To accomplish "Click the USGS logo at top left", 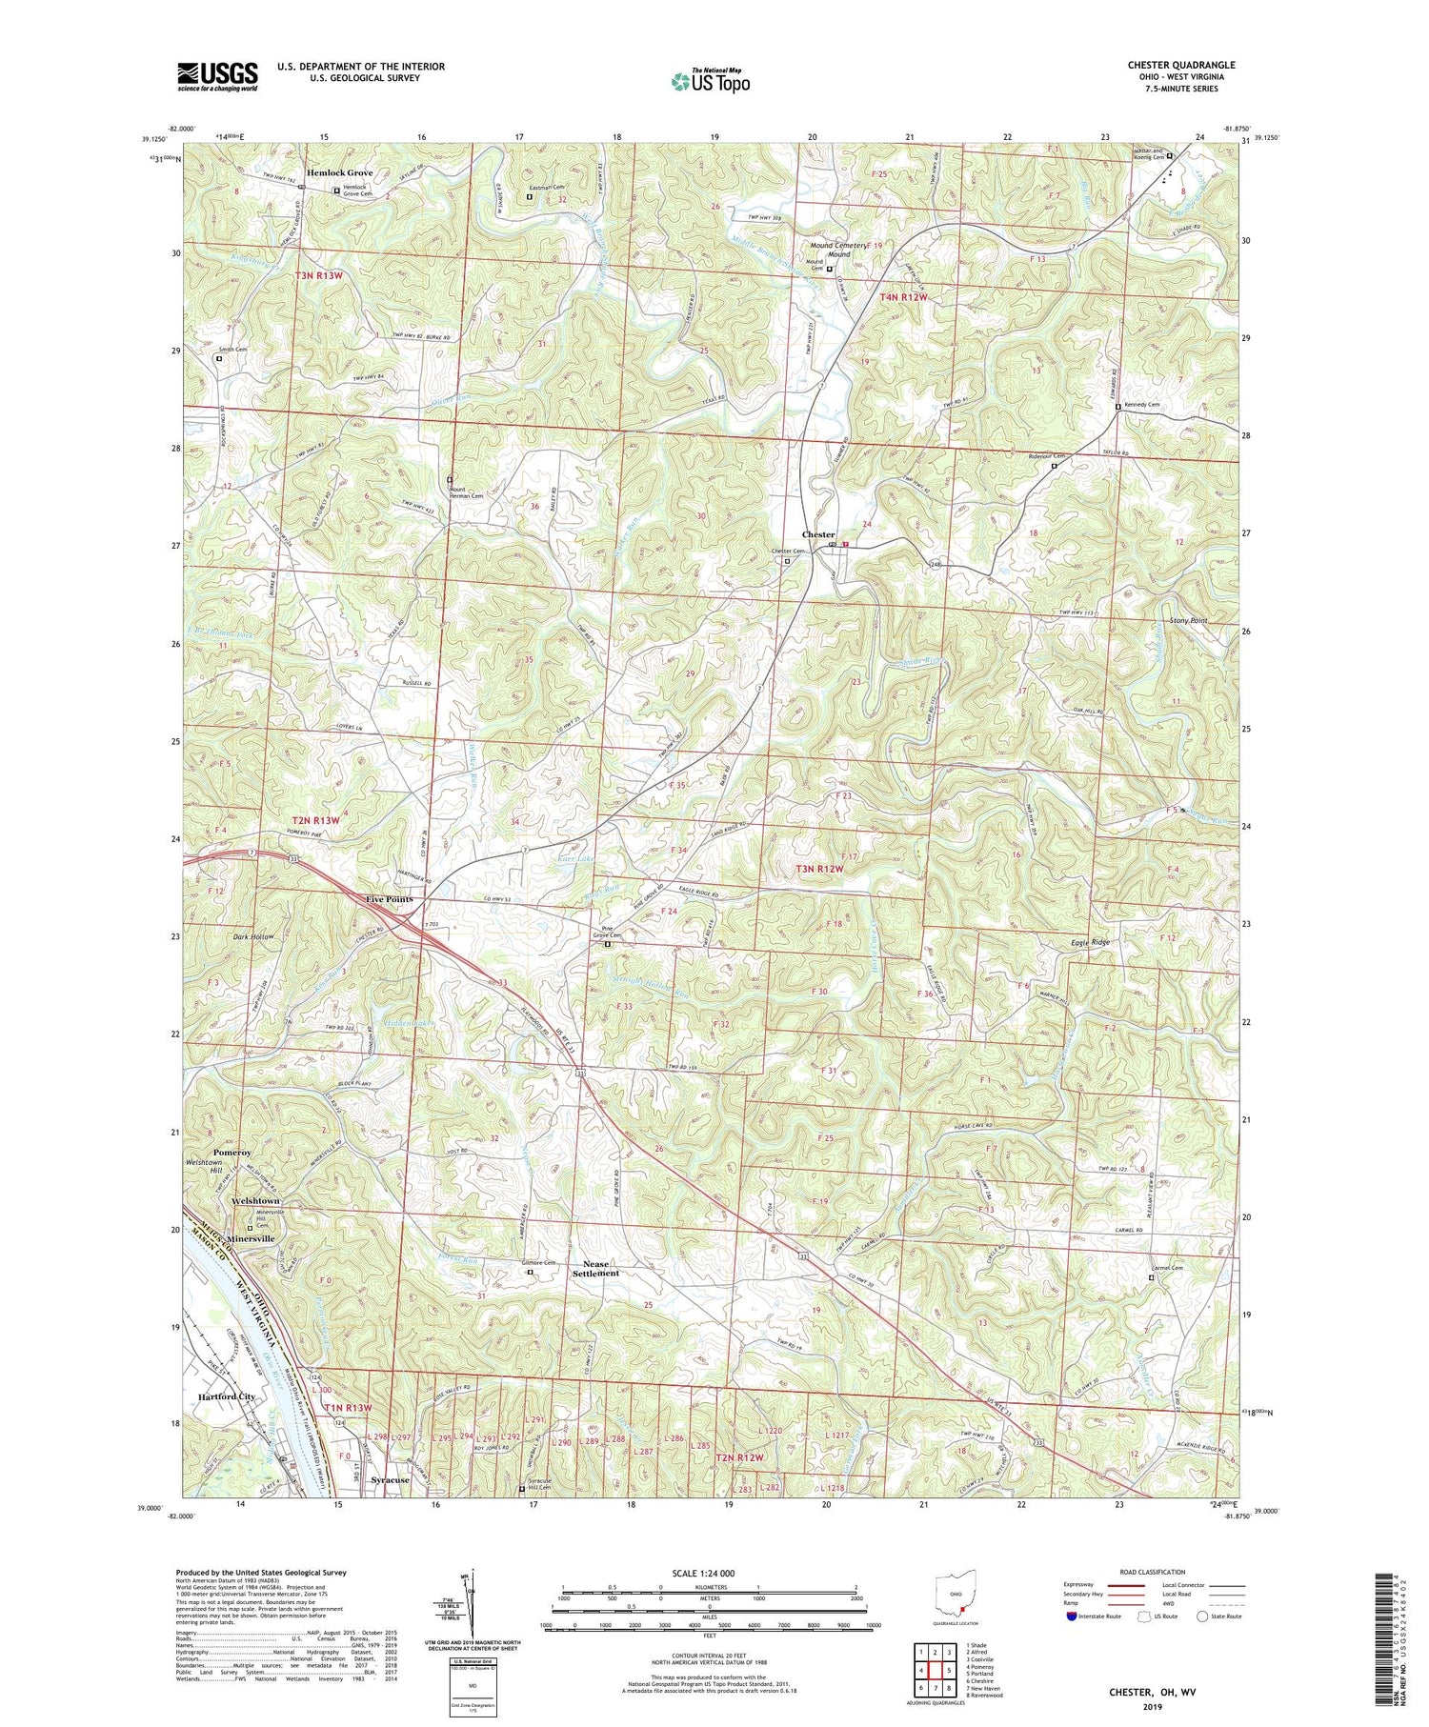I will point(216,76).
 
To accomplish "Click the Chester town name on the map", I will point(818,534).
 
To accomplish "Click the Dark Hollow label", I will point(252,936).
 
